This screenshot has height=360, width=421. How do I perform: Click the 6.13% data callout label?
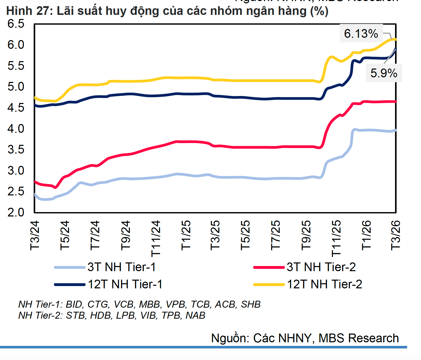pos(361,34)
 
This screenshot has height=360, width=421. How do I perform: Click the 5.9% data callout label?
pos(384,73)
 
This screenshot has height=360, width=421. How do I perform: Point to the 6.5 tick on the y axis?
pos(16,24)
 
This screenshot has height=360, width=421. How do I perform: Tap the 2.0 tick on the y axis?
pos(16,212)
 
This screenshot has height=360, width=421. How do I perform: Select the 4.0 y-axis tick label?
pos(16,129)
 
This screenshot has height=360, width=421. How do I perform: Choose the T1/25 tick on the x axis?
pos(186,235)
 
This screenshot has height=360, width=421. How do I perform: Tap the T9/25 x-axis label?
pos(306,235)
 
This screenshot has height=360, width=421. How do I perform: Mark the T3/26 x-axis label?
pos(396,235)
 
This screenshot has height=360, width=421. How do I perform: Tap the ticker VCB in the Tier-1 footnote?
pos(123,304)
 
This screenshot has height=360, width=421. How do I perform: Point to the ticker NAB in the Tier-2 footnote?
pos(196,315)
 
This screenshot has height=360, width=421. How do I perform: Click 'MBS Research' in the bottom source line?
pos(359,338)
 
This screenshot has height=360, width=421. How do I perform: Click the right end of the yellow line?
pos(396,39)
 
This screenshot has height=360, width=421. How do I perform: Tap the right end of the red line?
pos(396,102)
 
